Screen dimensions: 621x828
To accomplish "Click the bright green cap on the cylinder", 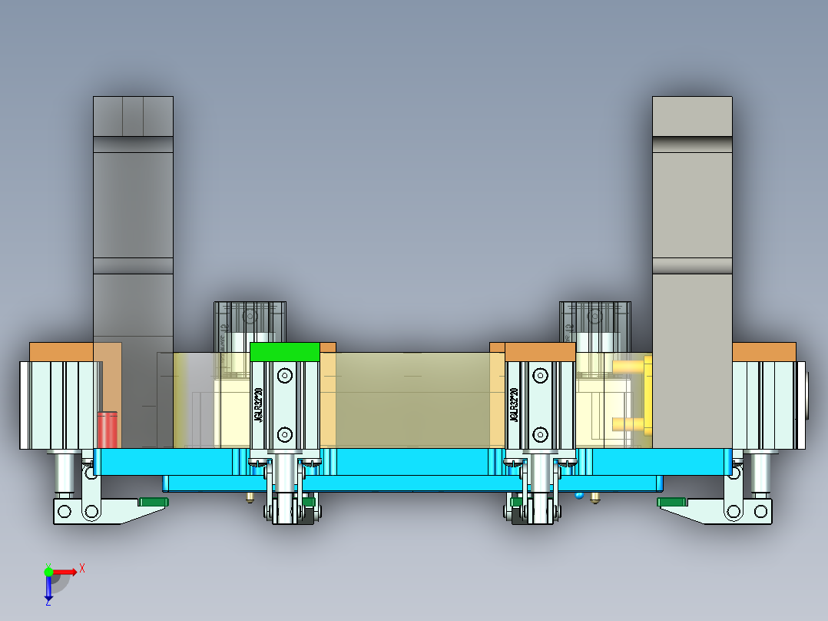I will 284,352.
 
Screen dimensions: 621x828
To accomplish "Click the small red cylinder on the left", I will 108,429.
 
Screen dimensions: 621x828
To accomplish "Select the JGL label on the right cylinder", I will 512,404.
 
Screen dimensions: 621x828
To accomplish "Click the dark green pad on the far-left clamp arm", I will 153,502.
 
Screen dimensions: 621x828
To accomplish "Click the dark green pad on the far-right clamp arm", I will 671,502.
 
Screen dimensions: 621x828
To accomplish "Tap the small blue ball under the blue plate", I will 579,494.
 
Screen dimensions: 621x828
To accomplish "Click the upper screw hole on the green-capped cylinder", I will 285,376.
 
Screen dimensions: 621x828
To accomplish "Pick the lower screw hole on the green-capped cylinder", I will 285,433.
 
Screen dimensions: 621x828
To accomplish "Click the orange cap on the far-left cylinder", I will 61,351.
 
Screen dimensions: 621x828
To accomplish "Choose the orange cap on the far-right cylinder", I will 763,351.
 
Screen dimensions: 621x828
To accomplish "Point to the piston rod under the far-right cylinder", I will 760,472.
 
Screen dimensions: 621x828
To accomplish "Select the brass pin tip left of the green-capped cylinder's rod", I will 250,499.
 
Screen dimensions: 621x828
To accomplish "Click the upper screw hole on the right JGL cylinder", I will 540,376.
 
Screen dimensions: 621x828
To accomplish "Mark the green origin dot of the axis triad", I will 48,571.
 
